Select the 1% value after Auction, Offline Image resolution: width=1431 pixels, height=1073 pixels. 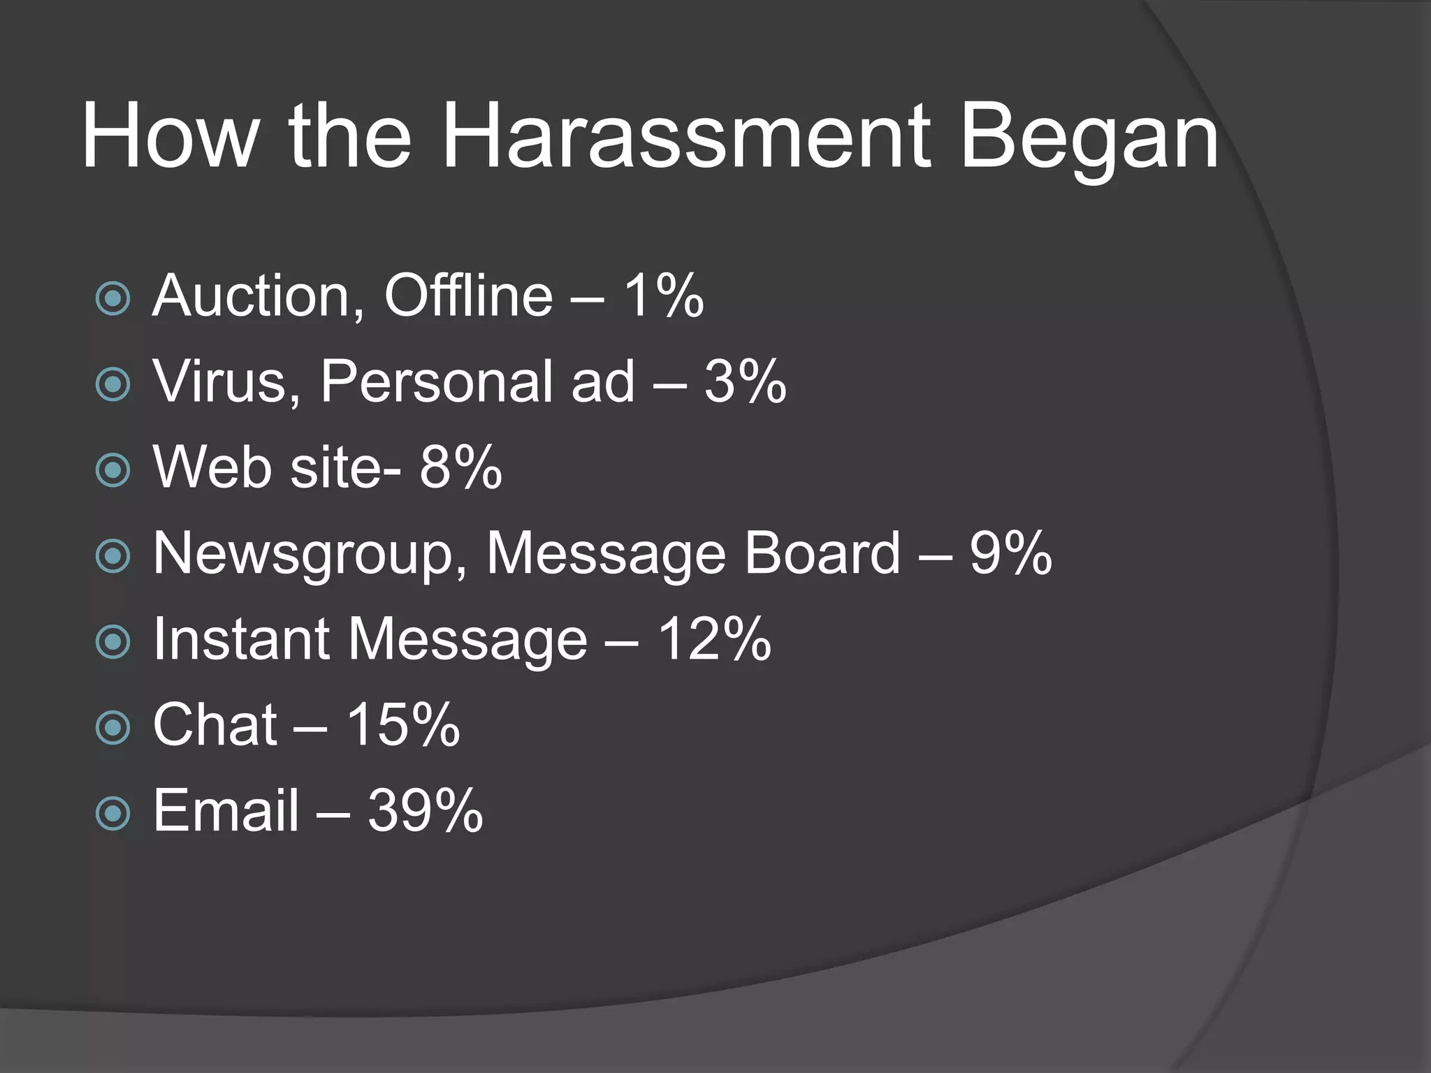pyautogui.click(x=663, y=295)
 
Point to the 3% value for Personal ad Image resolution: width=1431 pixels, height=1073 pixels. pyautogui.click(x=745, y=381)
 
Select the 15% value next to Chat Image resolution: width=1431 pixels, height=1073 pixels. pyautogui.click(x=403, y=724)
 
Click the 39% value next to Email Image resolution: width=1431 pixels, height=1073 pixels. pyautogui.click(x=425, y=810)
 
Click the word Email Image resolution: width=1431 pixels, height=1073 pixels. pyautogui.click(x=226, y=810)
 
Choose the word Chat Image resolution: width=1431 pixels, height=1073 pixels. pyautogui.click(x=215, y=724)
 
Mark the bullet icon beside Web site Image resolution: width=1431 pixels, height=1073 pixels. pyautogui.click(x=112, y=470)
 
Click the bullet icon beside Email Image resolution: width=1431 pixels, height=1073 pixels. pyautogui.click(x=112, y=813)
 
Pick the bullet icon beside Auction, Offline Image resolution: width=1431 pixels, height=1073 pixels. pyautogui.click(x=112, y=299)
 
